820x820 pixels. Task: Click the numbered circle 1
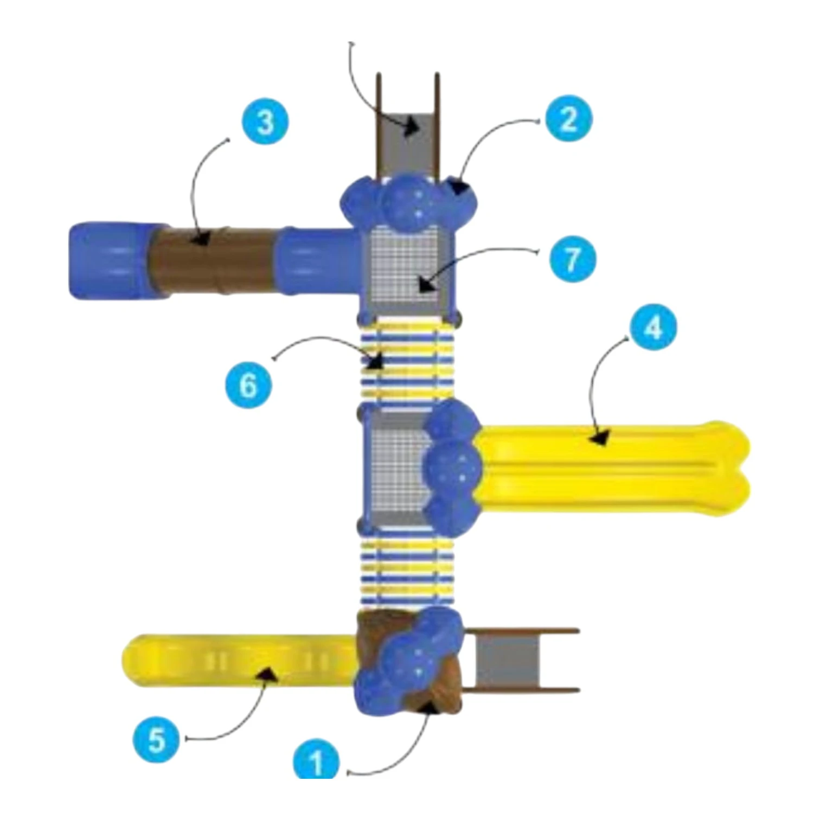pyautogui.click(x=317, y=761)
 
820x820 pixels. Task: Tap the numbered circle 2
pyautogui.click(x=568, y=119)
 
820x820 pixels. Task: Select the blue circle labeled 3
pyautogui.click(x=265, y=121)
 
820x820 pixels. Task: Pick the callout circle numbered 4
pyautogui.click(x=654, y=327)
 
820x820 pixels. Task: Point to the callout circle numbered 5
pyautogui.click(x=157, y=739)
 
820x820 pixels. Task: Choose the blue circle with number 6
pyautogui.click(x=249, y=385)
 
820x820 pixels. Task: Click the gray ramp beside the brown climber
pyautogui.click(x=507, y=660)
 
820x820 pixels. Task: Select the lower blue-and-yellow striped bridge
pyautogui.click(x=406, y=573)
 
